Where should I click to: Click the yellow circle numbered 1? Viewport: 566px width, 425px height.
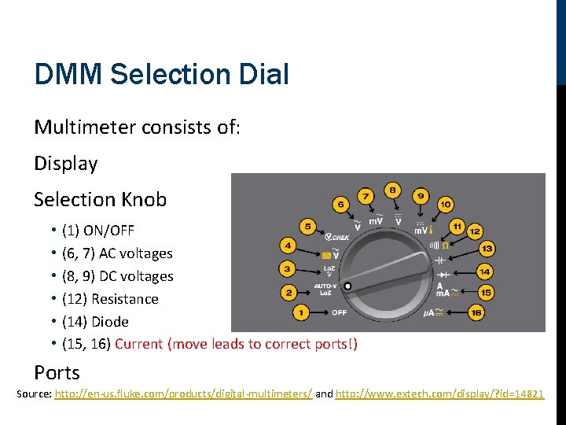coord(301,313)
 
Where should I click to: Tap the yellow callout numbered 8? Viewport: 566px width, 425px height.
coord(392,190)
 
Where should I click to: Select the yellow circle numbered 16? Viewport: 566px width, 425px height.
coord(476,312)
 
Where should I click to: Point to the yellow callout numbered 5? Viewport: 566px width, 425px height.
coord(309,226)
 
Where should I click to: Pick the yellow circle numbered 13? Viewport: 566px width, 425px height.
coord(487,249)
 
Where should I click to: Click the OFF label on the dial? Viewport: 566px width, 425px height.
coord(339,312)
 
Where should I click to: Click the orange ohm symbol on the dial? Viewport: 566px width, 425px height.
coord(446,245)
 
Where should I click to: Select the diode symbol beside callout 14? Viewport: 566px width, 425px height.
coord(443,272)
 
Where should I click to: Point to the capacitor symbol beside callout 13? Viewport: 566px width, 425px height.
coord(441,259)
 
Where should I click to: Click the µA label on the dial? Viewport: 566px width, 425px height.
coord(430,312)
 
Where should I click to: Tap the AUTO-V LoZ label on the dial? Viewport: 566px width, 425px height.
coord(326,288)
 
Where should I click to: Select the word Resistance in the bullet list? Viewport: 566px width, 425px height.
coord(125,299)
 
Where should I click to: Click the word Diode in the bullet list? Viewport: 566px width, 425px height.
coord(110,322)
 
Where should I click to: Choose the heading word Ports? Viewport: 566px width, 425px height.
coord(57,372)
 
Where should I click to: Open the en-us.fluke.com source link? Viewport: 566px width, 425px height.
coord(183,394)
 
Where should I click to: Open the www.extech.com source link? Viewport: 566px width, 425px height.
coord(439,394)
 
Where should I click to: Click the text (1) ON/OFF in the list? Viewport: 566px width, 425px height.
coord(97,231)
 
